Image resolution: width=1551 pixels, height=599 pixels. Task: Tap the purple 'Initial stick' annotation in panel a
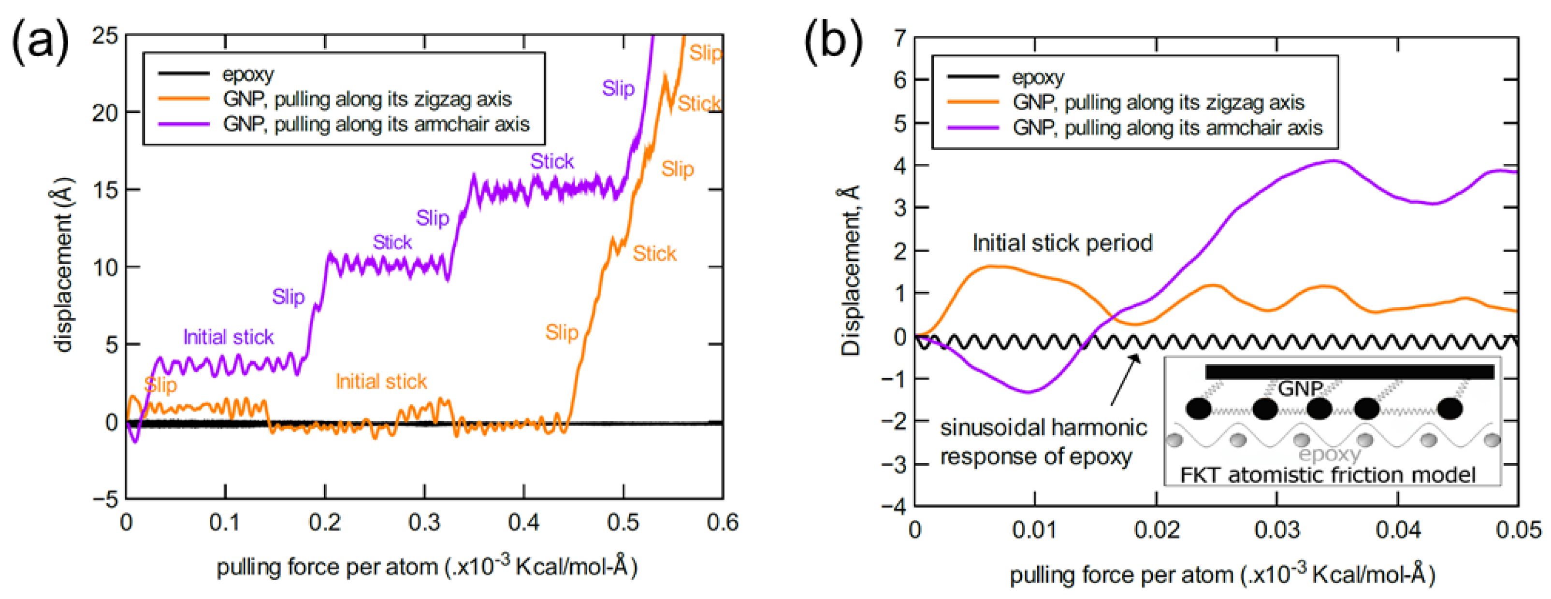[x=228, y=337]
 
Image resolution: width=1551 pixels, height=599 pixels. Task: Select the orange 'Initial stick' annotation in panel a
[x=381, y=382]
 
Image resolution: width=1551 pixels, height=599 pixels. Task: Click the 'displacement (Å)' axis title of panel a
[x=63, y=265]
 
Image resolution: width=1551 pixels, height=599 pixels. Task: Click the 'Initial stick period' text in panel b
[x=1062, y=243]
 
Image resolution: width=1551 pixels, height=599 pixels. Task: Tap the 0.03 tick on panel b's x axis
[x=1276, y=530]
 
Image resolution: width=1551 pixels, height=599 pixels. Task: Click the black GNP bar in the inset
[x=1348, y=372]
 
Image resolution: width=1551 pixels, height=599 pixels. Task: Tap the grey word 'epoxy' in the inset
[x=1330, y=454]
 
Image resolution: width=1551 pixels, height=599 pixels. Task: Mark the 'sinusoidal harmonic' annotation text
[x=1043, y=428]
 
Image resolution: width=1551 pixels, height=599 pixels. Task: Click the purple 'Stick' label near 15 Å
[x=551, y=161]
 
